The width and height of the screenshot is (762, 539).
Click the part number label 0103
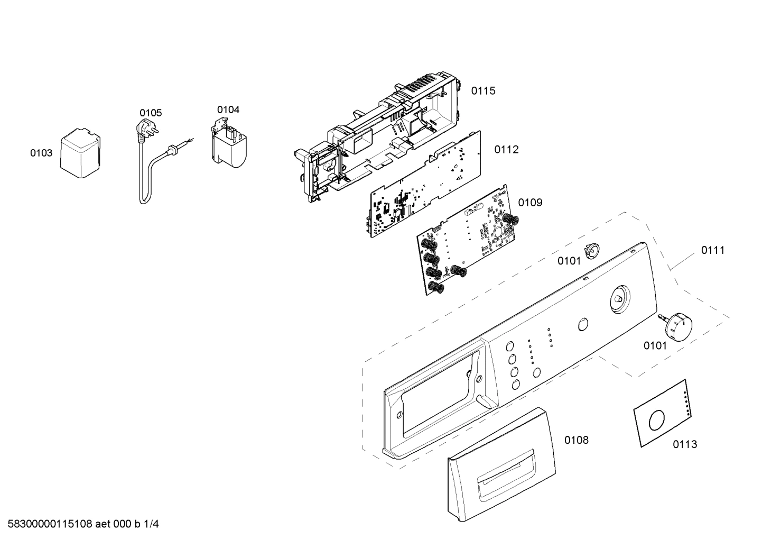pos(41,153)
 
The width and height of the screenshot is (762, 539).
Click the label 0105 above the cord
pos(151,113)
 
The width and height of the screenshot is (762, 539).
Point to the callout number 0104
pos(228,109)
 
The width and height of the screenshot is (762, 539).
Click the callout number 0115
pos(484,90)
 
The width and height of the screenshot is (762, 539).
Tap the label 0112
pos(506,150)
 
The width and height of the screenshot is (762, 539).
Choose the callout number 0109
pos(530,203)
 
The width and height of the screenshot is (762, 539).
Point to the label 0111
pos(713,250)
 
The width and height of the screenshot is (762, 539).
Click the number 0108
pos(577,440)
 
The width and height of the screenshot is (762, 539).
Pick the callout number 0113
pos(685,444)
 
